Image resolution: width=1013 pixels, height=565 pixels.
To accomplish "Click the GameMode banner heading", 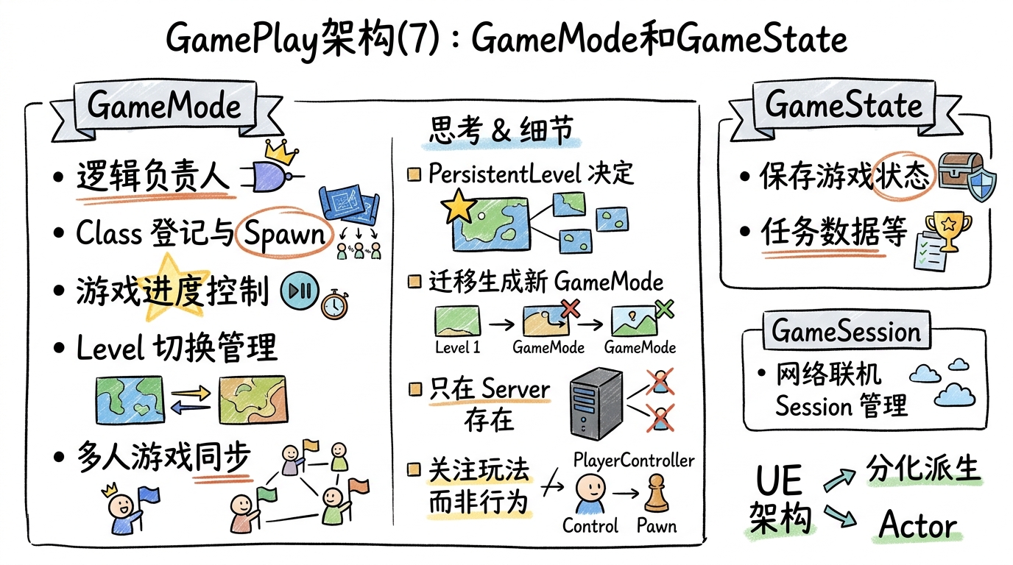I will tap(163, 107).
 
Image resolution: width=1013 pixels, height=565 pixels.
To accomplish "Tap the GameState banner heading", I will tap(843, 105).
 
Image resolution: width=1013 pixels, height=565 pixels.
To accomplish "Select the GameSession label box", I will tap(845, 331).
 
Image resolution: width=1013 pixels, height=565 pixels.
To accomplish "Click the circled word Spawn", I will tap(285, 234).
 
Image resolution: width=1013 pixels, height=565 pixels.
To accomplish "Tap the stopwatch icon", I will tap(333, 303).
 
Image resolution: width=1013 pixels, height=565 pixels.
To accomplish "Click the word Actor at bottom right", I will tap(918, 526).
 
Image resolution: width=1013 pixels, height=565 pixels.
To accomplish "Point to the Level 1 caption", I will tap(457, 347).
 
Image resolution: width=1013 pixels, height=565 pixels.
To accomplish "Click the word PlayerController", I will tap(633, 460).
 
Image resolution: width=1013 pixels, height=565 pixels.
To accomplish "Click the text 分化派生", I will tap(923, 469).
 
